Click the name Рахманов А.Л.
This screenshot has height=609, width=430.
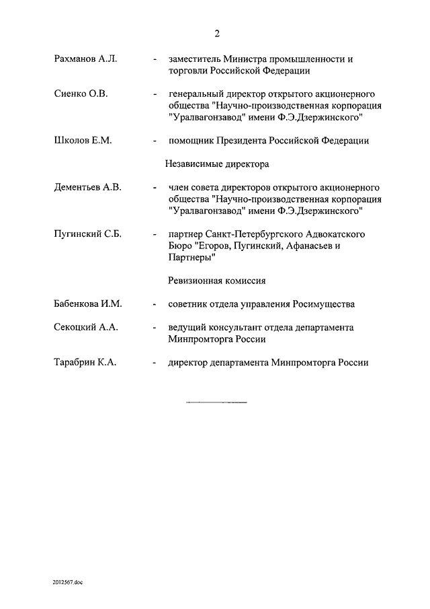click(x=85, y=59)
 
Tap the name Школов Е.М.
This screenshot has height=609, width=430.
click(x=83, y=141)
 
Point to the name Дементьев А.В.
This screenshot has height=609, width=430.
click(x=87, y=188)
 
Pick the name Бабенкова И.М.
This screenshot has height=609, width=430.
click(x=87, y=304)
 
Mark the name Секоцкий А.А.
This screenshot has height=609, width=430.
click(x=86, y=328)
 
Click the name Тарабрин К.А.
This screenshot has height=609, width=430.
click(x=85, y=363)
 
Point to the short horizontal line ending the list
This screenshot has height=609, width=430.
click(x=216, y=402)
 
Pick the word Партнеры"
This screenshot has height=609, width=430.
click(x=192, y=258)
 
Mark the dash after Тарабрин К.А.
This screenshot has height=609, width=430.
click(x=155, y=363)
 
